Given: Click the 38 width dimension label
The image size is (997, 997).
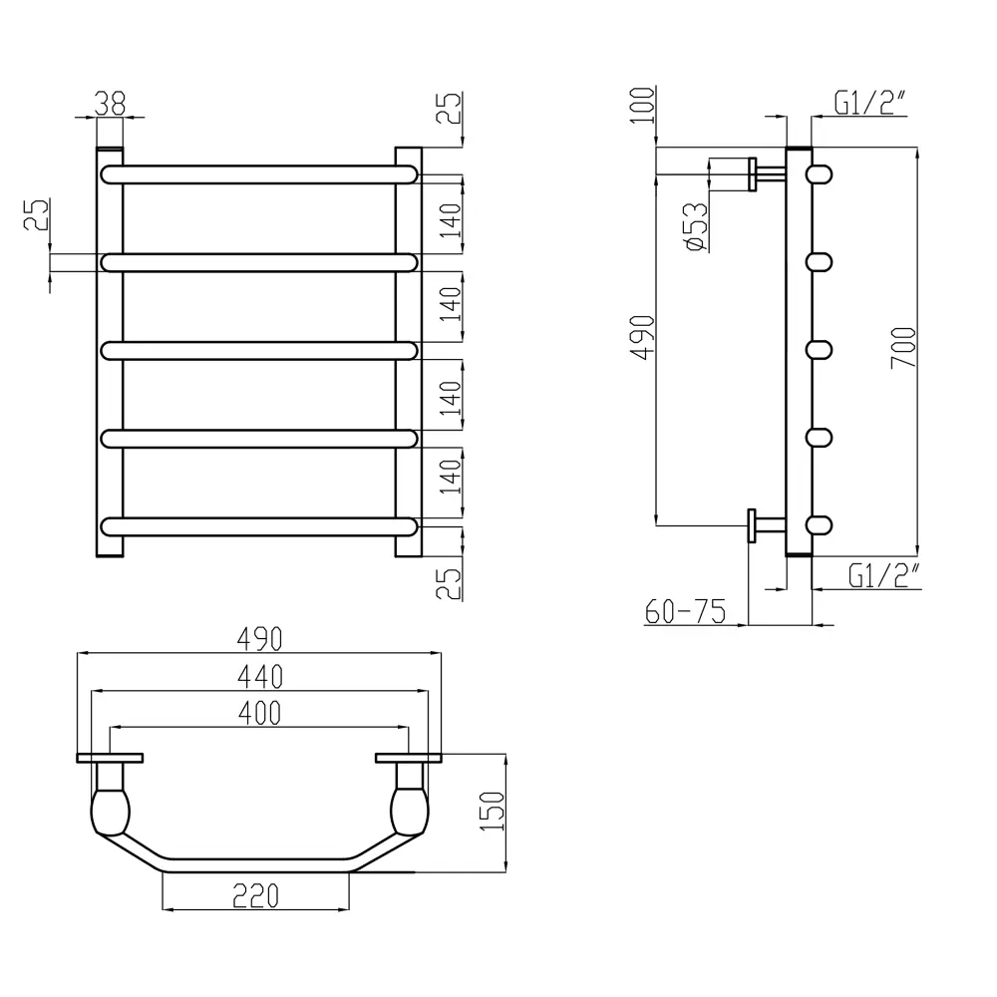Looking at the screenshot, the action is click(110, 105).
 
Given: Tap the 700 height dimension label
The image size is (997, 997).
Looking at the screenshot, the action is click(903, 347).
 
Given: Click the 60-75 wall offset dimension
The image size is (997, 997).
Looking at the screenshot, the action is click(685, 612).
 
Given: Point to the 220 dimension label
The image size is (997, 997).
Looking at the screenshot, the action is click(255, 896).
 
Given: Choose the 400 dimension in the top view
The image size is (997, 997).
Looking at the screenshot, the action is click(259, 714).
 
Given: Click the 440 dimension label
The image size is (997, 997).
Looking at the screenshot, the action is click(259, 677).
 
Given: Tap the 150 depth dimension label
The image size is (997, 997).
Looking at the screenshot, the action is click(493, 812).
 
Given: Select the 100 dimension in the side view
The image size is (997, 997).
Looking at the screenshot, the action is click(643, 106).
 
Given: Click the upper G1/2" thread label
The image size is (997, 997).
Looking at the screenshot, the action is click(869, 103).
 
